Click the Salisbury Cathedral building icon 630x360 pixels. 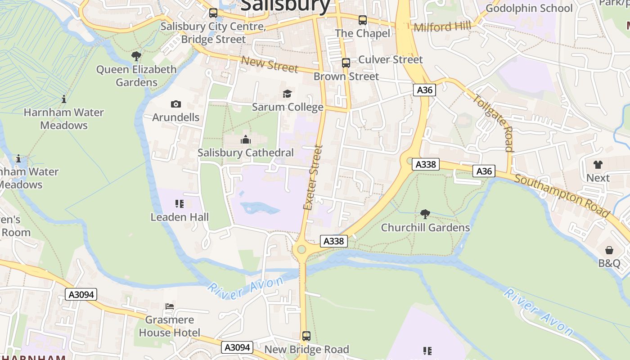tap(246, 139)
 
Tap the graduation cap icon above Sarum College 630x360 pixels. tap(287, 94)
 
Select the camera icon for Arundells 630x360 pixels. tap(176, 104)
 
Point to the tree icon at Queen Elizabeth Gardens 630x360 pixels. tap(136, 56)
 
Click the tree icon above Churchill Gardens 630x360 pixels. tap(425, 214)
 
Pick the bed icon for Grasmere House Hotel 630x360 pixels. tap(170, 306)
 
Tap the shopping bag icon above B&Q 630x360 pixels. tap(609, 250)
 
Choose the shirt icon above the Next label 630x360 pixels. tap(598, 165)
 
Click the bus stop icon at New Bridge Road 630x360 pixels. tap(306, 336)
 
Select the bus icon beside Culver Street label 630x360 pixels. tap(346, 63)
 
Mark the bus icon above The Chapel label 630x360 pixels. tap(363, 20)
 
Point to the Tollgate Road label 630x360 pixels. tap(494, 123)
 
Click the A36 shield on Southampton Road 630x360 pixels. tap(484, 171)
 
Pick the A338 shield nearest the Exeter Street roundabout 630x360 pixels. tap(334, 241)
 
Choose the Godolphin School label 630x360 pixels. tap(529, 8)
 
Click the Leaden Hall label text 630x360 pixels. tap(180, 217)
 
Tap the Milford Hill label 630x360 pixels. tap(442, 27)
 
